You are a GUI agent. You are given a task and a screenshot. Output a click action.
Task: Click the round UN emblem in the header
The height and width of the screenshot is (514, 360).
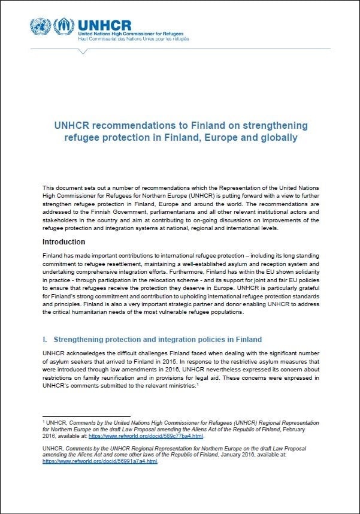(40, 27)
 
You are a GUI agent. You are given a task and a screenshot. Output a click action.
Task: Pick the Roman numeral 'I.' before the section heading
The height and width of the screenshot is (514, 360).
(45, 340)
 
